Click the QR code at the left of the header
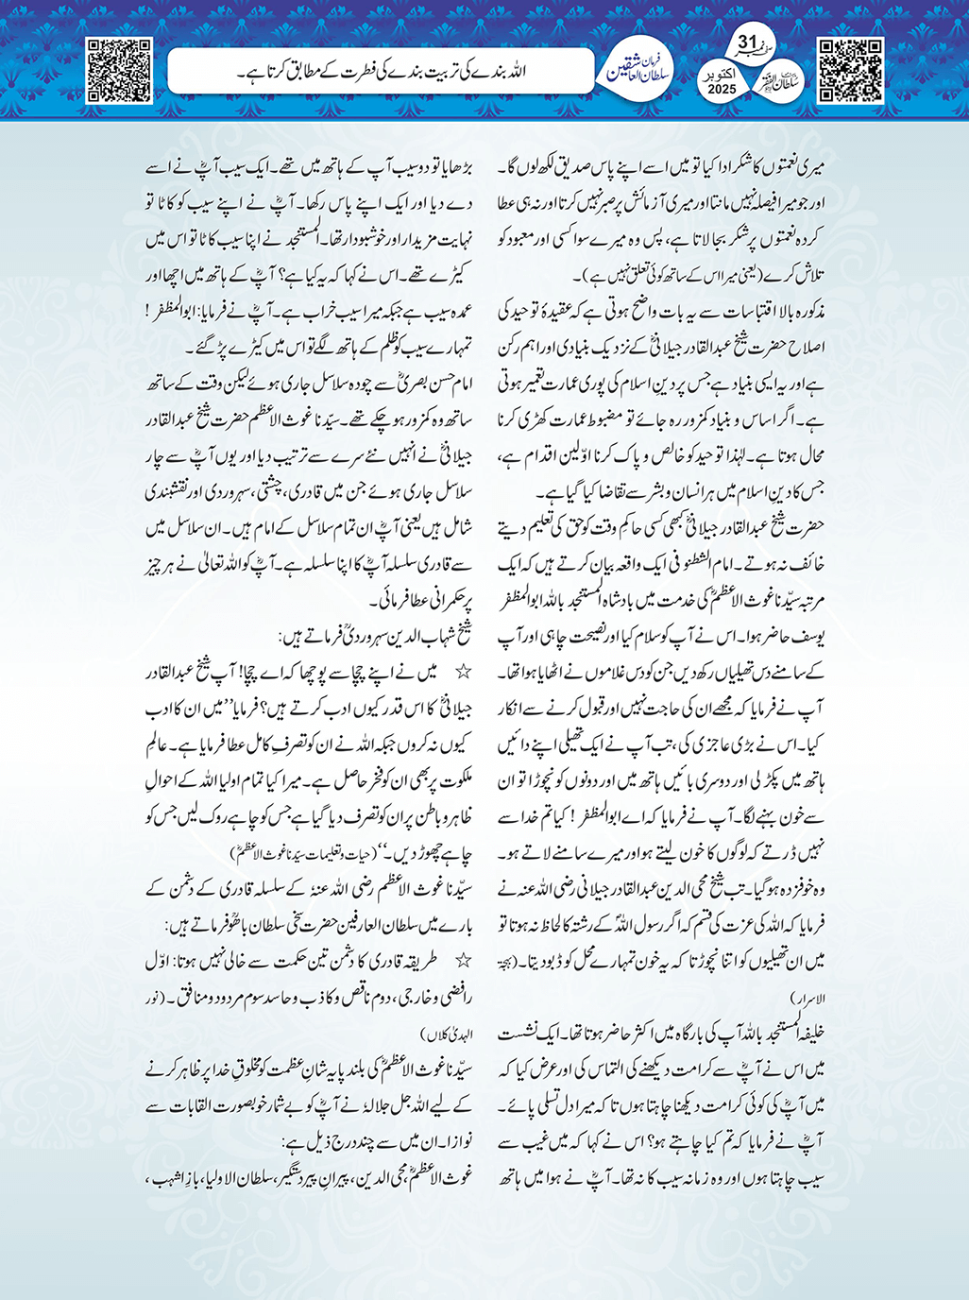point(119,70)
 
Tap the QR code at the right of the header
point(850,70)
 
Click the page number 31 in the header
point(747,43)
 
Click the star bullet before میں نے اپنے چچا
point(464,673)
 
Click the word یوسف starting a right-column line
point(810,635)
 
